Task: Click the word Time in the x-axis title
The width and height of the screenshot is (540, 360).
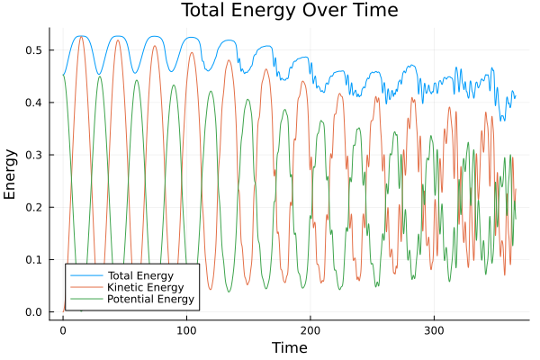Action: tap(289, 347)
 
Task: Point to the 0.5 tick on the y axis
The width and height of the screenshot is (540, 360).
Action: tap(33, 50)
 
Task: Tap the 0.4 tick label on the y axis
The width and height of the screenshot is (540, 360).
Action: tap(33, 103)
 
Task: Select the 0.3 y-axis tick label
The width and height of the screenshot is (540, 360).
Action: tap(33, 155)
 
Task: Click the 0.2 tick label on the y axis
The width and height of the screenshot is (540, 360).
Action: tap(33, 208)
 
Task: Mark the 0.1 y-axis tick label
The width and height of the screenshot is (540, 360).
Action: tap(33, 260)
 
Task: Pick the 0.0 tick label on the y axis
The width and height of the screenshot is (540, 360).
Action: tap(33, 312)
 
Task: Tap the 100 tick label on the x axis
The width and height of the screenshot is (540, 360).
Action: tap(186, 330)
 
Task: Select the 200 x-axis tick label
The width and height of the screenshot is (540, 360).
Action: tap(310, 330)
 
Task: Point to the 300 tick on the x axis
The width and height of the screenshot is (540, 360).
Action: tap(434, 330)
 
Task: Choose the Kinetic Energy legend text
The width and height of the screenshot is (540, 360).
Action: tap(144, 286)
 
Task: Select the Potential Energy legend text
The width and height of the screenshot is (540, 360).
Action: tap(150, 299)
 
